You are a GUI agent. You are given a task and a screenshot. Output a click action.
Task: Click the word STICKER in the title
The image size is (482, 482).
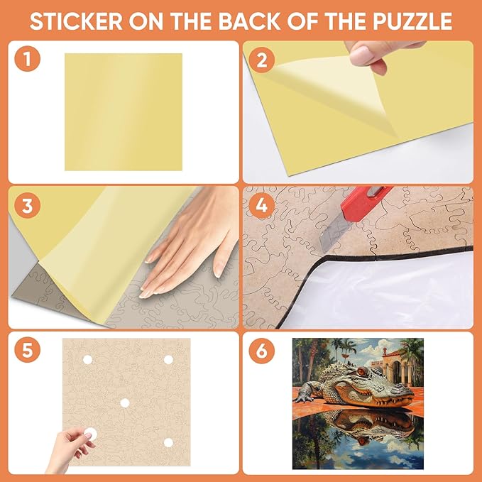point(76,21)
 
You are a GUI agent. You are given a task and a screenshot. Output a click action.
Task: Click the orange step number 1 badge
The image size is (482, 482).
point(28,59)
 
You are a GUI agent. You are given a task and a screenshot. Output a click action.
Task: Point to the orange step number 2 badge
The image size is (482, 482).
point(262,60)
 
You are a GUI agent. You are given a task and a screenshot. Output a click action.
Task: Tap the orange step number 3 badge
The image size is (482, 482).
point(28,205)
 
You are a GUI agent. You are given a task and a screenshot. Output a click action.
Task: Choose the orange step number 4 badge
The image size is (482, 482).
point(262,205)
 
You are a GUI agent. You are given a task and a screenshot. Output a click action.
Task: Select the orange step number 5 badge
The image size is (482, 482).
point(28,350)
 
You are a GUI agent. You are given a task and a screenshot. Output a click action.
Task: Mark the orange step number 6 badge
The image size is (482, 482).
point(262,351)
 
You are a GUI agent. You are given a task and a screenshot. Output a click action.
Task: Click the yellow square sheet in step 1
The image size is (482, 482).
point(124,112)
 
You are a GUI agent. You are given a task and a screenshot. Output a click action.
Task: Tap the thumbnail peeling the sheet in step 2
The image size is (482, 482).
point(361,55)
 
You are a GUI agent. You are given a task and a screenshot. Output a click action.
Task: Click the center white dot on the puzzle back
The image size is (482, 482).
point(125,402)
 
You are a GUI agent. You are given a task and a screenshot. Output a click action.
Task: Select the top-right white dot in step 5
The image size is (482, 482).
point(168,360)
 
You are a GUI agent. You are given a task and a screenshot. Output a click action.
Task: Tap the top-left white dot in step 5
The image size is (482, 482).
point(87,360)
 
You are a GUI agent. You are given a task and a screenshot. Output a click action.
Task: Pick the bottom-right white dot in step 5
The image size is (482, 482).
point(168,443)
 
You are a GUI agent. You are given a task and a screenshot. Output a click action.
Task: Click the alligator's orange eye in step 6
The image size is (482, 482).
point(362,372)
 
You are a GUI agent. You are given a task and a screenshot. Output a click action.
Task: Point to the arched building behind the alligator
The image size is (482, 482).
point(397,367)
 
